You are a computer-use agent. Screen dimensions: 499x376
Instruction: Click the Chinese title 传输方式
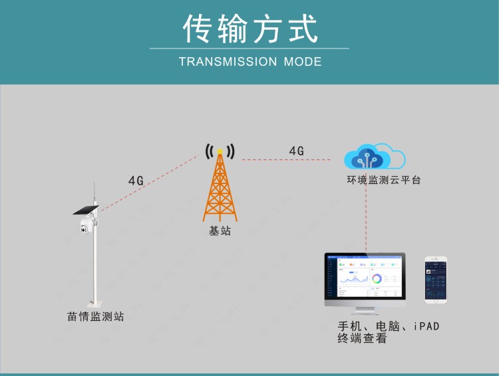click(250, 29)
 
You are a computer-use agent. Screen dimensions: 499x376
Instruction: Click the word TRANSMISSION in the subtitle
click(228, 62)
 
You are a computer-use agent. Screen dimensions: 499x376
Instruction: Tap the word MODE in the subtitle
click(303, 62)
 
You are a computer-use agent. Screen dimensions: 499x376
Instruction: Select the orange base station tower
click(220, 186)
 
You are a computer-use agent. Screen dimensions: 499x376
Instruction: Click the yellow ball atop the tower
click(220, 151)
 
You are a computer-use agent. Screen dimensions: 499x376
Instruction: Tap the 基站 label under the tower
click(220, 231)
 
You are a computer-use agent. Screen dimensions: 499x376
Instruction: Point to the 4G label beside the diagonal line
click(136, 181)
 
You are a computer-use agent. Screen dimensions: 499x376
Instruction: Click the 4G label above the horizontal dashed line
click(296, 151)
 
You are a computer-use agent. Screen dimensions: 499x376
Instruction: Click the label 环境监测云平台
click(383, 180)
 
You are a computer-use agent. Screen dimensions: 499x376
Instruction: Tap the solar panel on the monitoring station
click(86, 210)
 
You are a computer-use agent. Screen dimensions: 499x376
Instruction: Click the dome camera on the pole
click(86, 225)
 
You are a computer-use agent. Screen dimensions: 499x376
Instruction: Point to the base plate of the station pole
click(95, 304)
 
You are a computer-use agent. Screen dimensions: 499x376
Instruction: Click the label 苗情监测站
click(95, 317)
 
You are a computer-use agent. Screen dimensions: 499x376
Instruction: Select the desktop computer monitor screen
click(365, 276)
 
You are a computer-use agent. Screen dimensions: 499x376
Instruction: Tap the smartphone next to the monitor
click(436, 280)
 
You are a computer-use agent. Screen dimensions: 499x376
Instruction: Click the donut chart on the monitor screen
click(377, 279)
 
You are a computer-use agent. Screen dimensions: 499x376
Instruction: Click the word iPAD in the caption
click(426, 326)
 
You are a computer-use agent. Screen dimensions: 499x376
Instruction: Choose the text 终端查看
click(362, 338)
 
